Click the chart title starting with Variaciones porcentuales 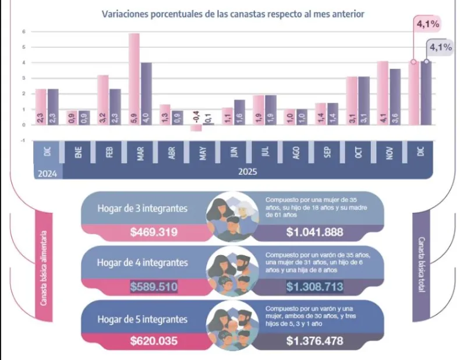pyautogui.click(x=233, y=13)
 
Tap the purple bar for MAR pyautogui.click(x=146, y=93)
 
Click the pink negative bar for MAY pyautogui.click(x=196, y=128)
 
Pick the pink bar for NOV pyautogui.click(x=383, y=93)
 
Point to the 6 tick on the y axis pyautogui.click(x=23, y=31)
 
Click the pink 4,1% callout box pyautogui.click(x=427, y=24)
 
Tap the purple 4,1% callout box pyautogui.click(x=441, y=47)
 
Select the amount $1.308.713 pyautogui.click(x=314, y=287)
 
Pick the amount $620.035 pyautogui.click(x=154, y=341)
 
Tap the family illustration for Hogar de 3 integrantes pyautogui.click(x=232, y=216)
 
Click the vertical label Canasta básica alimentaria pyautogui.click(x=44, y=268)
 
